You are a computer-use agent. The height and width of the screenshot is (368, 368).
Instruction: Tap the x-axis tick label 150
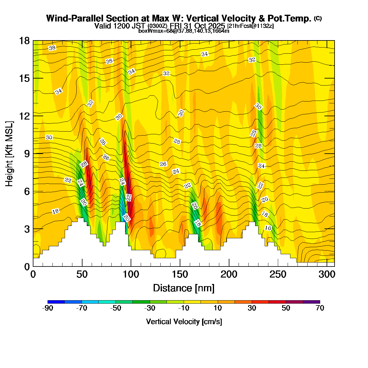pyautogui.click(x=180, y=274)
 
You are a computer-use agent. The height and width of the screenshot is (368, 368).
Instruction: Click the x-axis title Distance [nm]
pyautogui.click(x=184, y=288)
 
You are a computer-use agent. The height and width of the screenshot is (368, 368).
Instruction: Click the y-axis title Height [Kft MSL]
pyautogui.click(x=10, y=154)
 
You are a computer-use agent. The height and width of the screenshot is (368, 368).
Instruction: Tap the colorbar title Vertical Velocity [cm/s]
pyautogui.click(x=184, y=322)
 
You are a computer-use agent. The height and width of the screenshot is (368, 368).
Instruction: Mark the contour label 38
pyautogui.click(x=52, y=48)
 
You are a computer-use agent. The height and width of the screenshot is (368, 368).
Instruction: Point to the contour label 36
pyautogui.click(x=109, y=61)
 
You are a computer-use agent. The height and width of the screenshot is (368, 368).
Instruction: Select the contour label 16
pyautogui.click(x=268, y=228)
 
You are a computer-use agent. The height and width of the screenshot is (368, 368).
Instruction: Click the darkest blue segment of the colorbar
pyautogui.click(x=56, y=302)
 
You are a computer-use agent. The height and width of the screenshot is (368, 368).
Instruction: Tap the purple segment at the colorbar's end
pyautogui.click(x=311, y=302)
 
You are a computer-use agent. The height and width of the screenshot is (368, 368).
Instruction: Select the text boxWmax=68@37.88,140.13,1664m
pyautogui.click(x=184, y=31)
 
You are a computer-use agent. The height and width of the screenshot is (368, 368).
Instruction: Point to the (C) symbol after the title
pyautogui.click(x=318, y=18)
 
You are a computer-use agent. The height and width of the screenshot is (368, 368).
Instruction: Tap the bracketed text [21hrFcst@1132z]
pyautogui.click(x=251, y=26)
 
